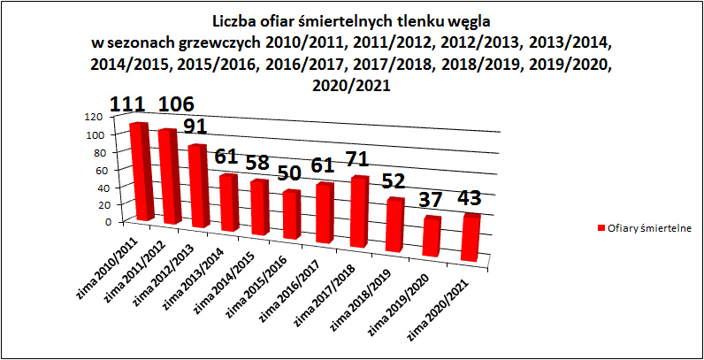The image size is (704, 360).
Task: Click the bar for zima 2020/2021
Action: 469,238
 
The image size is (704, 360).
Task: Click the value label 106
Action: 176,104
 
